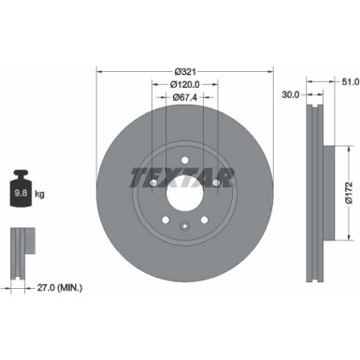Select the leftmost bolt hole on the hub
[x=152, y=183]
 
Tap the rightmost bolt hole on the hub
[x=216, y=183]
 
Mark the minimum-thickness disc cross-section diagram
[x=22, y=251]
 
